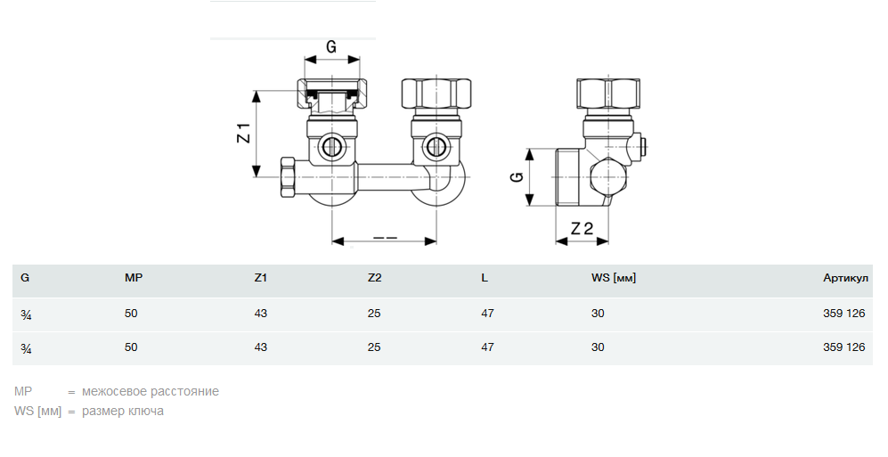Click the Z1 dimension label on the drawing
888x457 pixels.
click(x=243, y=133)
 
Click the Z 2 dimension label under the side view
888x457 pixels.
click(x=582, y=228)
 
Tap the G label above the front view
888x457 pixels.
click(x=331, y=46)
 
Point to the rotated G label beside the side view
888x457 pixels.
click(x=517, y=176)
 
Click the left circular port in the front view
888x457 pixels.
click(x=330, y=147)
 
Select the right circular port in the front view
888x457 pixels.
click(x=435, y=147)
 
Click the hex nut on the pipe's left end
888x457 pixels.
click(x=289, y=178)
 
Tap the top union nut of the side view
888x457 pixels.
click(x=608, y=94)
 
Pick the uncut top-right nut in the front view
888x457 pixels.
click(x=436, y=94)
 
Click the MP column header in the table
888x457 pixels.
click(x=134, y=278)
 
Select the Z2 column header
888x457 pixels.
click(x=374, y=278)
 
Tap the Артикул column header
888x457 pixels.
click(x=845, y=278)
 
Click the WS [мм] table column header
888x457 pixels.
click(x=614, y=278)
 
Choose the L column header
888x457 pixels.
click(x=485, y=278)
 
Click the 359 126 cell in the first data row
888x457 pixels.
click(x=844, y=314)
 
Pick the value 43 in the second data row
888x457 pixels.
click(x=260, y=347)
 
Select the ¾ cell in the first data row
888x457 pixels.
click(x=26, y=314)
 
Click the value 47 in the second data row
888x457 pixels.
click(x=487, y=347)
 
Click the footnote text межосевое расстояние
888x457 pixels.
click(x=150, y=391)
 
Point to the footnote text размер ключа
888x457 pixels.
click(x=123, y=412)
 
